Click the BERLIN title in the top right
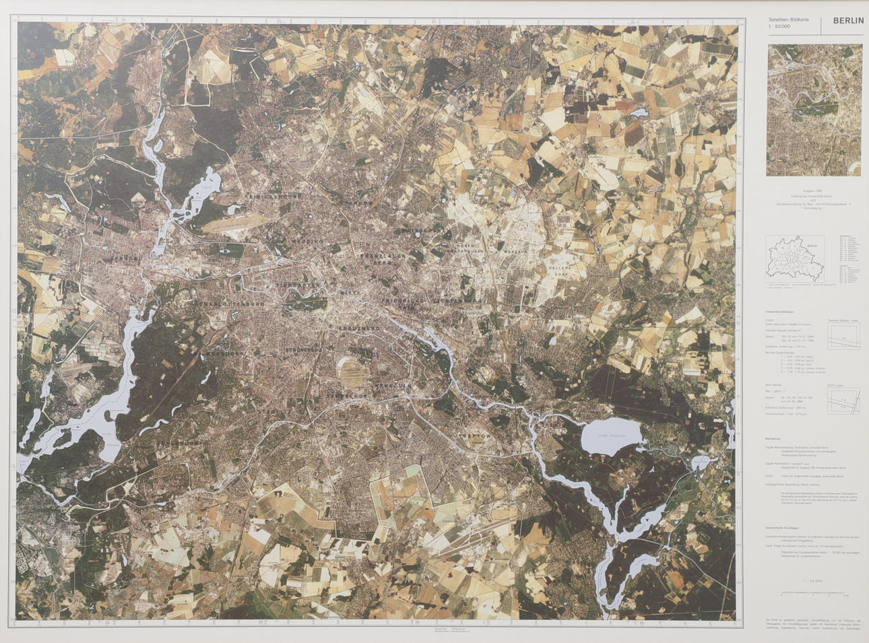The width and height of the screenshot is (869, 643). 847,21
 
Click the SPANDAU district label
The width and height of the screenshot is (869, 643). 126,257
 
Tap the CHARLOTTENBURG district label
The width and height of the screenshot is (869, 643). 229,304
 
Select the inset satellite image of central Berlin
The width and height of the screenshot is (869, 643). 814,110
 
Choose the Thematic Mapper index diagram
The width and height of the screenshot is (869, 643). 844,335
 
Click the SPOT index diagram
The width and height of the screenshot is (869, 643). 843,400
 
